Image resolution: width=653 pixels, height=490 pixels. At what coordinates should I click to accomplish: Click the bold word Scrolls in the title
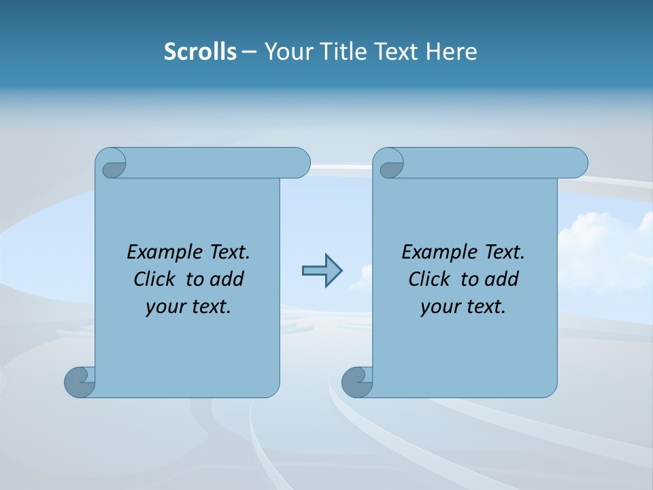click(200, 52)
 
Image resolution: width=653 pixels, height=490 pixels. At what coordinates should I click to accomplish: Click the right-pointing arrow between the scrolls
click(322, 271)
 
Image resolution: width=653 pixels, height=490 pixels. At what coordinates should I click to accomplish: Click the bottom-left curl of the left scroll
click(80, 382)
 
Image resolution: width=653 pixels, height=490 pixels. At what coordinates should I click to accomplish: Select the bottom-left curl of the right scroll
click(357, 382)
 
